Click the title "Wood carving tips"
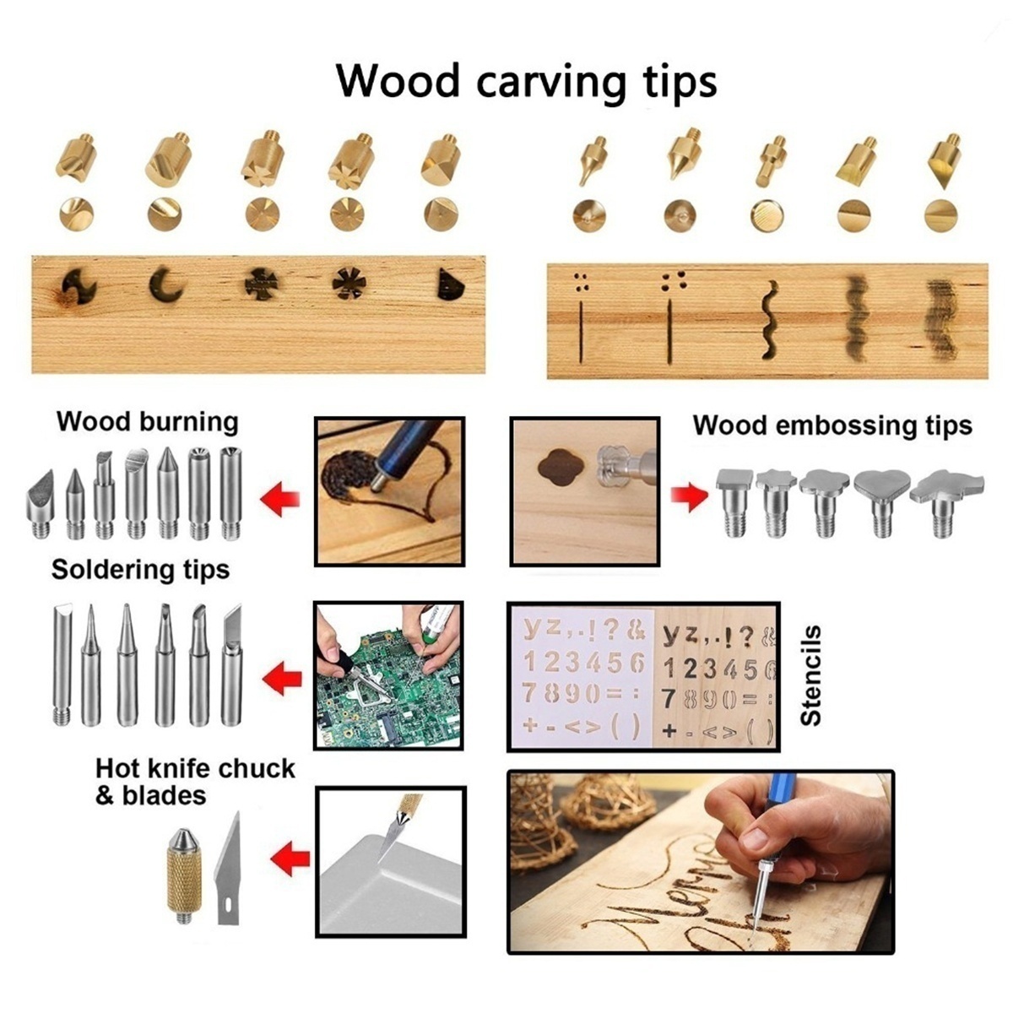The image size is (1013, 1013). click(527, 82)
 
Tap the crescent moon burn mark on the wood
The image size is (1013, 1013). click(165, 285)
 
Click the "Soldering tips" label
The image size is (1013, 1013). click(140, 570)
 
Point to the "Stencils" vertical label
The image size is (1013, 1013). click(810, 675)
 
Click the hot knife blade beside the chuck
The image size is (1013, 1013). click(230, 869)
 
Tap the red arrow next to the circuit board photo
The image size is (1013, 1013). click(284, 677)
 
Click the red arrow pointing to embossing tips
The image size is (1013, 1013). click(690, 496)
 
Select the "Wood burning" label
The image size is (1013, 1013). click(147, 421)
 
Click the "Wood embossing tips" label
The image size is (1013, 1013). click(832, 425)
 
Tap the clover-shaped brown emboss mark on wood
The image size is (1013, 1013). click(560, 467)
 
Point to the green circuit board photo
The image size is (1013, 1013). click(389, 675)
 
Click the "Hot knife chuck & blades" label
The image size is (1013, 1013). click(194, 782)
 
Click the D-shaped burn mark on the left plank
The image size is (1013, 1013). click(450, 285)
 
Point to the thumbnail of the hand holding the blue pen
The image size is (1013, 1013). click(700, 861)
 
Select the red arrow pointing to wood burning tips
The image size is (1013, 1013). click(280, 500)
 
